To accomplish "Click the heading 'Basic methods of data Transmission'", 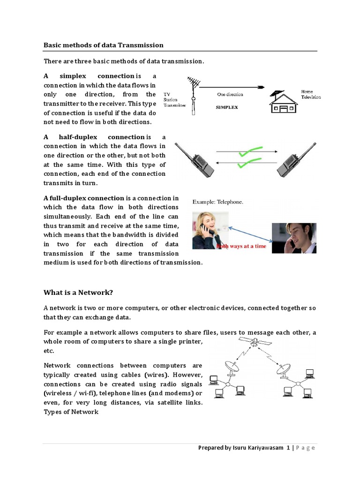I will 104,45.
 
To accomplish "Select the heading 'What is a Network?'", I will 78,292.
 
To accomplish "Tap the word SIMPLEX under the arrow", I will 226,107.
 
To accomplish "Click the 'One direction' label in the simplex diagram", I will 230,94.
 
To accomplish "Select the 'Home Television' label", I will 311,94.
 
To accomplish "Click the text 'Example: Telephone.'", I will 217,202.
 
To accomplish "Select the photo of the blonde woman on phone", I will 210,230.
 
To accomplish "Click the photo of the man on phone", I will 294,238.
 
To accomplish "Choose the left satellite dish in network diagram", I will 231,368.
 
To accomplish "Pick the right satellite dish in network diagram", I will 283,368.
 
